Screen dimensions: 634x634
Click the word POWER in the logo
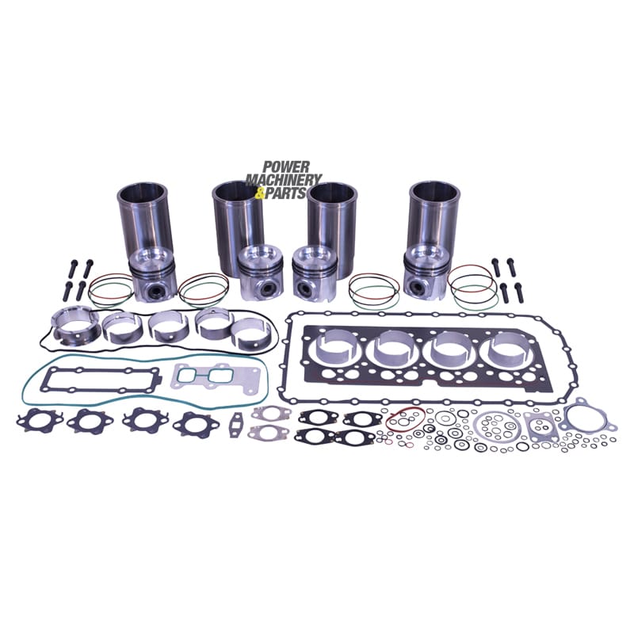[x=286, y=167]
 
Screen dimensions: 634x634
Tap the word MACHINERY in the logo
[x=284, y=180]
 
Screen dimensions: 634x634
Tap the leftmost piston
[x=152, y=275]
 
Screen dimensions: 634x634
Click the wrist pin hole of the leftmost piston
[x=155, y=289]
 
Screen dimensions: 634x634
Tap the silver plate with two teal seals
[x=204, y=376]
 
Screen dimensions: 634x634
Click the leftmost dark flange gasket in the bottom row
[x=39, y=421]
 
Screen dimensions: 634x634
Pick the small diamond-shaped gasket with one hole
[x=235, y=424]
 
